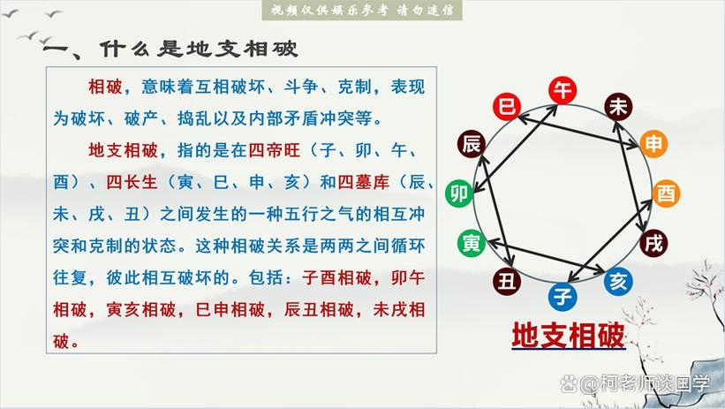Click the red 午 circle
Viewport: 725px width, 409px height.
pyautogui.click(x=563, y=90)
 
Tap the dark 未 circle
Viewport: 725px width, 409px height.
pyautogui.click(x=618, y=108)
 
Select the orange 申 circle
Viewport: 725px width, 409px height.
pyautogui.click(x=654, y=144)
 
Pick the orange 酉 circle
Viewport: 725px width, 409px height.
pyautogui.click(x=667, y=193)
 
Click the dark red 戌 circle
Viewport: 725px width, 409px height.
pyautogui.click(x=653, y=243)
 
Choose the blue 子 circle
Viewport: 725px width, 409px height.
pyautogui.click(x=562, y=294)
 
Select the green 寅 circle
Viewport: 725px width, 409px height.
pyautogui.click(x=471, y=241)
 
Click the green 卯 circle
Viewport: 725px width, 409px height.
pyautogui.click(x=459, y=193)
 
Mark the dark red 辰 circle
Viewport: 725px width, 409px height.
pyautogui.click(x=471, y=144)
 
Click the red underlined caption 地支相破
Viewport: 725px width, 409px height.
pyautogui.click(x=569, y=336)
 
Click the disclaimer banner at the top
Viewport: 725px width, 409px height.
pyautogui.click(x=362, y=11)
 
